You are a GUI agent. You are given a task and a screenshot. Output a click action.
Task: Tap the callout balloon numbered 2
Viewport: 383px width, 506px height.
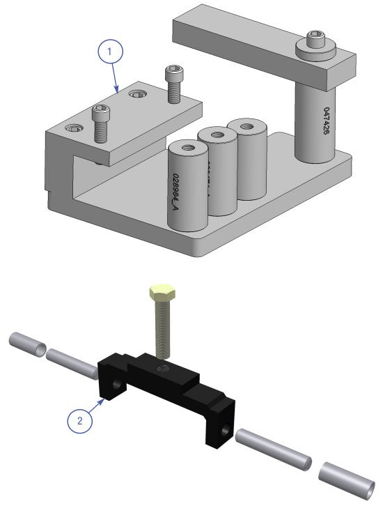81,421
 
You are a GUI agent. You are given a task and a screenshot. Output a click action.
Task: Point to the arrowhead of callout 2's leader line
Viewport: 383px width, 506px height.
104,399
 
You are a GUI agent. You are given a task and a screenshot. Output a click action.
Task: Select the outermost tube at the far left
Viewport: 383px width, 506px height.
27,344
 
